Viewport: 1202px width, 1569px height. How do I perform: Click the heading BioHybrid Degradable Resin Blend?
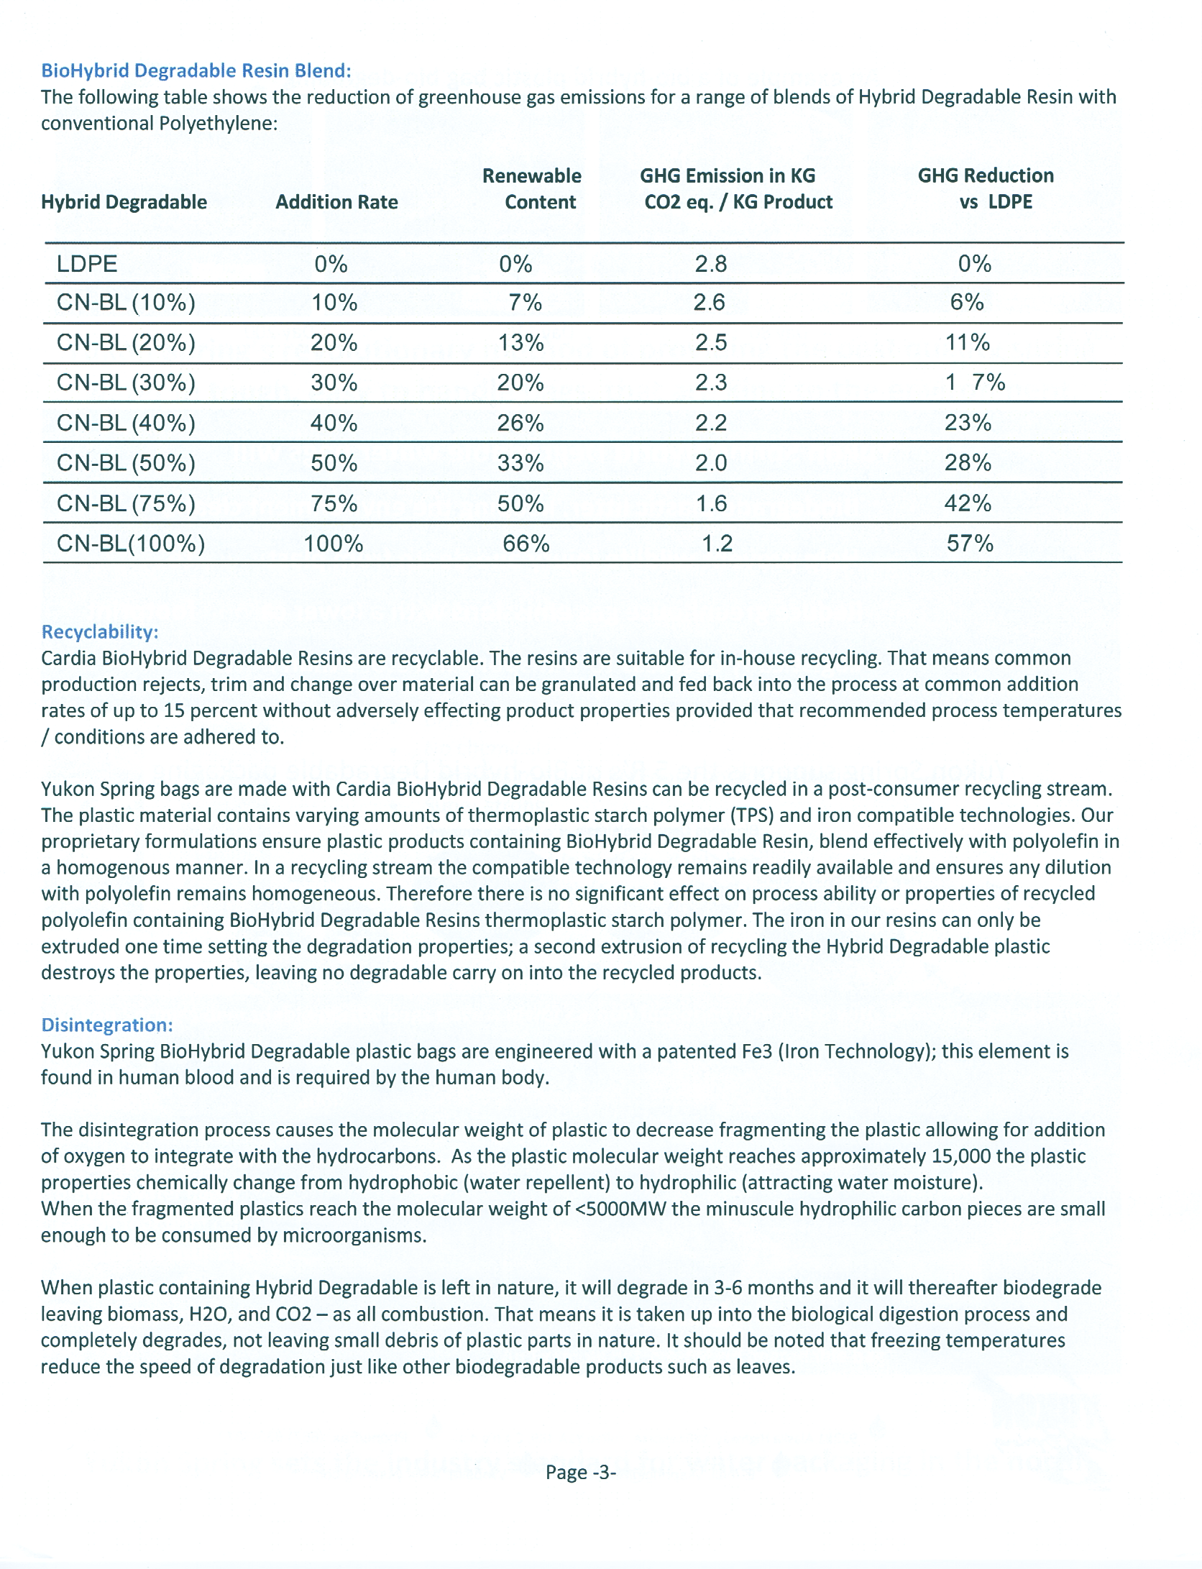pos(196,70)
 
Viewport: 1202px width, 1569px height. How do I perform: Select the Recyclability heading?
pos(99,632)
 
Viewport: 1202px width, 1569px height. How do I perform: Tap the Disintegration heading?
pos(106,1025)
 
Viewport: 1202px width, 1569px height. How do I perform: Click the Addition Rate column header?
pos(336,202)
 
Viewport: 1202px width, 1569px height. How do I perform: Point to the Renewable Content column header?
pos(532,189)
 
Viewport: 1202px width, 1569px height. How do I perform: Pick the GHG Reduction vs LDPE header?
pos(986,189)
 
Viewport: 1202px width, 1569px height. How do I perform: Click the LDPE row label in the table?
pos(87,264)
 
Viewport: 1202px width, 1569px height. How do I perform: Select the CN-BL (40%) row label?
pos(126,423)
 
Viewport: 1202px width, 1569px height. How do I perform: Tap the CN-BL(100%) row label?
pos(130,544)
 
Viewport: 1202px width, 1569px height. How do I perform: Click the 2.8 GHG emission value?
pos(710,264)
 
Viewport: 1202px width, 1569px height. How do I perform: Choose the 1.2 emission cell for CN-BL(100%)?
pos(717,544)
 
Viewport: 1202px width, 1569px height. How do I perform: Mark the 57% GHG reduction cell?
pos(970,544)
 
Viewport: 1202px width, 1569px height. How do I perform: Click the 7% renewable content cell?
pos(525,303)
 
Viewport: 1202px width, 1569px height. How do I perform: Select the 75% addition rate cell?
pos(334,503)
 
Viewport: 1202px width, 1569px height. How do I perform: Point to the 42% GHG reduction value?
pos(968,503)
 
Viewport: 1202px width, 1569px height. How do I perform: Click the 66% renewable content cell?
pos(526,544)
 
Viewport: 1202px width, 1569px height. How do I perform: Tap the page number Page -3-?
pos(581,1473)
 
